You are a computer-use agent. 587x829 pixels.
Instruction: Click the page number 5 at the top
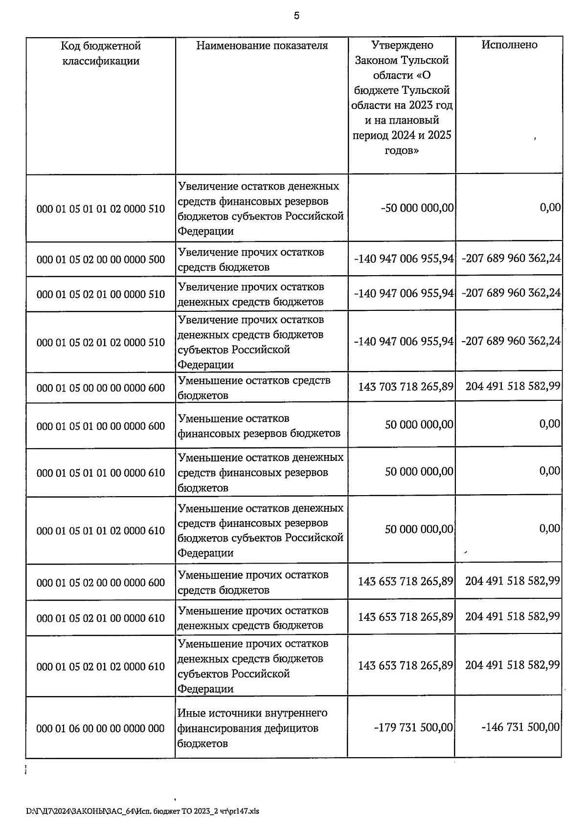click(296, 16)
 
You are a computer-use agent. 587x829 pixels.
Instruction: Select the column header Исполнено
click(509, 45)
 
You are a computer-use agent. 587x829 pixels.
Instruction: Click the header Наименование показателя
click(262, 45)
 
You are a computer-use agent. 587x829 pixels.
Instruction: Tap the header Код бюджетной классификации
click(101, 53)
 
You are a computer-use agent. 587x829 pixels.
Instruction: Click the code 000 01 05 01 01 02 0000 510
click(101, 209)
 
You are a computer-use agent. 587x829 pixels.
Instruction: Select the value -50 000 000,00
click(417, 208)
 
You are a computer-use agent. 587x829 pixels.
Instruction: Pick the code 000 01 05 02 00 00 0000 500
click(101, 260)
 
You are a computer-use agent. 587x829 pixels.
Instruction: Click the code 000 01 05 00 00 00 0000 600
click(101, 388)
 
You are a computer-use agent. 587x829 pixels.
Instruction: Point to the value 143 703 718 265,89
click(406, 387)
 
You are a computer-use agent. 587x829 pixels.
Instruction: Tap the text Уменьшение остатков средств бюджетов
click(254, 388)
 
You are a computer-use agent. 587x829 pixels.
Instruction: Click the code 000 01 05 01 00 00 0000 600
click(101, 426)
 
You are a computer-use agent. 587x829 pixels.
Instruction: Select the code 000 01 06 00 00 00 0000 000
click(101, 729)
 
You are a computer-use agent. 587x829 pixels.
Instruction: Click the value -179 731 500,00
click(413, 727)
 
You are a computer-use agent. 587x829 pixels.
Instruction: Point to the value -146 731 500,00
click(520, 727)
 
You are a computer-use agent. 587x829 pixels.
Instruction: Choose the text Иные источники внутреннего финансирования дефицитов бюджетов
click(252, 728)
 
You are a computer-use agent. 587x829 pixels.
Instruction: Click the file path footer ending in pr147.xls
click(142, 811)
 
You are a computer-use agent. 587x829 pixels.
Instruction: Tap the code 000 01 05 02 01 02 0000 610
click(101, 667)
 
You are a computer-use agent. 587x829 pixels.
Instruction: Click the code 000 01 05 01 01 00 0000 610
click(101, 473)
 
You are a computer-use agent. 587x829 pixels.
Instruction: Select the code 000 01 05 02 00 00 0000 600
click(101, 583)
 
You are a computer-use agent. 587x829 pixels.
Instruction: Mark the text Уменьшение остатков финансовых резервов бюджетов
click(259, 426)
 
